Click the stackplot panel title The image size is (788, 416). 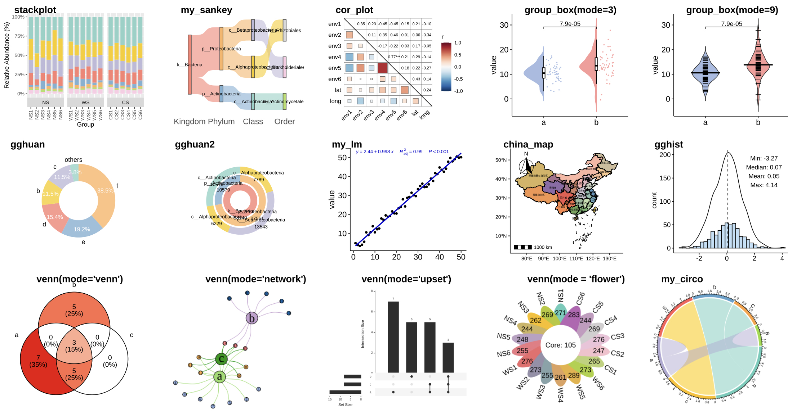35,10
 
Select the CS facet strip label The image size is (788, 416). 125,103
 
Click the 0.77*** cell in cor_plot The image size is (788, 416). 394,57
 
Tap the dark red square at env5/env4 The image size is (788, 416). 383,68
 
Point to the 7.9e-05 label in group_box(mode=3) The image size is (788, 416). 570,24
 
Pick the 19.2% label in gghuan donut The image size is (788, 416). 82,229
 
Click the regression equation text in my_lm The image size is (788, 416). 375,152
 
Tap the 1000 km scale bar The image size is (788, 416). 523,247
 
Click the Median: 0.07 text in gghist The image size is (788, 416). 764,167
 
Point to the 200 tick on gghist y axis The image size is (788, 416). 665,155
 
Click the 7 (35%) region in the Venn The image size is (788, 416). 38,361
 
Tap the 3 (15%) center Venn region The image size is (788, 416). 74,346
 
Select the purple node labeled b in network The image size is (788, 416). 251,318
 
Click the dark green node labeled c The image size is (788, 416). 221,359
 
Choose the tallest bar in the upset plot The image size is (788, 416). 393,336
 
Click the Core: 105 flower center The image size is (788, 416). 560,345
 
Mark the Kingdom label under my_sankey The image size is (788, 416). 187,122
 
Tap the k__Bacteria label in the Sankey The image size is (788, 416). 190,65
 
